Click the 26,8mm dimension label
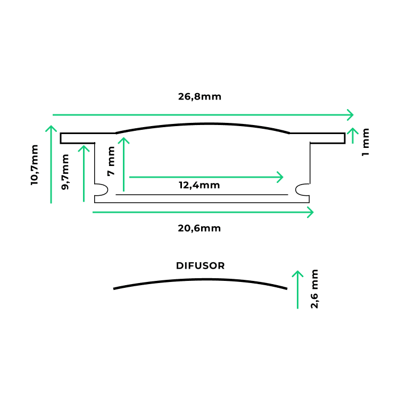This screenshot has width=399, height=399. pos(199,97)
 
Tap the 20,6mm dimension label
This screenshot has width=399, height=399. pos(199,228)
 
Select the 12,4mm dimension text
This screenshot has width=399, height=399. pos(199,185)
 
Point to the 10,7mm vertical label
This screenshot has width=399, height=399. pos(35,165)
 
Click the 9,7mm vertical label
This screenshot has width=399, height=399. pos(65,172)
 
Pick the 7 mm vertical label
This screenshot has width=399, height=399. pos(111,161)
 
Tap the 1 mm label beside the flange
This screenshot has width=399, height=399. pos(365,142)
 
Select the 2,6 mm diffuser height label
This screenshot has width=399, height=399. pos(314,289)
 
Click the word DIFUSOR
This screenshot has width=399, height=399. pos(200,265)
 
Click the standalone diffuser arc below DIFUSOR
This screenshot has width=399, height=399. pos(200,279)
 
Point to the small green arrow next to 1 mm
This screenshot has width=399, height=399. pos(353,136)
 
